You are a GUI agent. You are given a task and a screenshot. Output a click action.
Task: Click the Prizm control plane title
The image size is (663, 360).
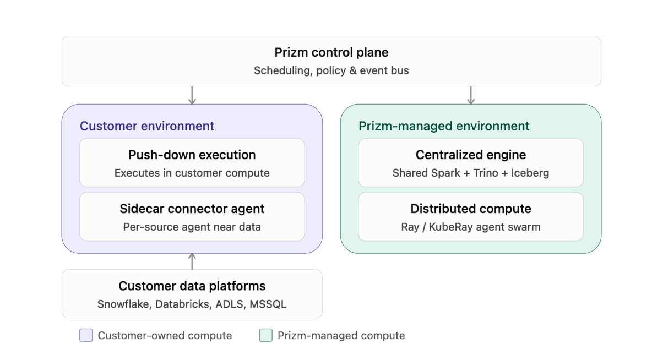coord(331,52)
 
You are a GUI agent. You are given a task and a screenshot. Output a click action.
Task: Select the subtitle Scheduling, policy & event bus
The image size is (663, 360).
coord(331,70)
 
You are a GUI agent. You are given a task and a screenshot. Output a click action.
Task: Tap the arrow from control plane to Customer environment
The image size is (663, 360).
coord(192,95)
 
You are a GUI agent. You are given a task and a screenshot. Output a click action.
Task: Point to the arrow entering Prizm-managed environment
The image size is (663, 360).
coord(471,95)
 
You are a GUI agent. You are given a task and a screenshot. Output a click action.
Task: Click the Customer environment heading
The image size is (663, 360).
coord(147,126)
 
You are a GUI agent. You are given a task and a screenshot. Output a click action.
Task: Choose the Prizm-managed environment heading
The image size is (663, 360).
coord(444,126)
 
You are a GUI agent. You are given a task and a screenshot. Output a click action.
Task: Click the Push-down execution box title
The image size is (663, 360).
coord(192,155)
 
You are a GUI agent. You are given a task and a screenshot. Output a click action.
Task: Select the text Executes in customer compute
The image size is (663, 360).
coord(192,173)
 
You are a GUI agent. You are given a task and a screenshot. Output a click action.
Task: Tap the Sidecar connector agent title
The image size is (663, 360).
coord(192,209)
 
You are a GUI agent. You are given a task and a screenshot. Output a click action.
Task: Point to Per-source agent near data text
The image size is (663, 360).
coord(192,227)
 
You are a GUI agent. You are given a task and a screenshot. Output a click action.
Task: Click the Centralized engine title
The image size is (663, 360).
coord(471,155)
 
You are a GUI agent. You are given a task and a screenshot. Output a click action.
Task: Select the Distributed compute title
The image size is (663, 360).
coord(471,209)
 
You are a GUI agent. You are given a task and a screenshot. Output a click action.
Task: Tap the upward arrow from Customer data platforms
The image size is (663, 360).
coord(192,261)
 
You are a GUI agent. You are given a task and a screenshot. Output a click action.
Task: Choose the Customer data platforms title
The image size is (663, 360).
coord(192,286)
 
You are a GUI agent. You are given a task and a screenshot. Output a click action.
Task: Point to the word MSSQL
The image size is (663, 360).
coord(268,304)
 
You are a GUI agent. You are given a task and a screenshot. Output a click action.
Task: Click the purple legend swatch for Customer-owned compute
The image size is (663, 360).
coord(86,335)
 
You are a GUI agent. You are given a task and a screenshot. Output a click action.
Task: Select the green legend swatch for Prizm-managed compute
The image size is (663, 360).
coord(266,335)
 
